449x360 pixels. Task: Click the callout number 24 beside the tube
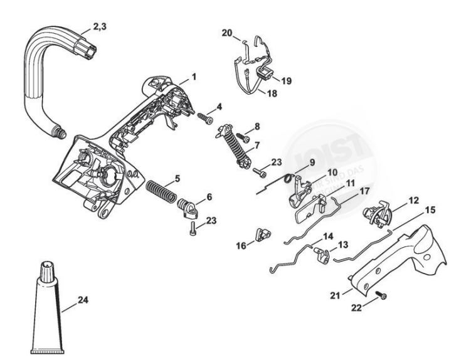82,300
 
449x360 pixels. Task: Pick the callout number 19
286,80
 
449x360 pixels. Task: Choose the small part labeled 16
261,235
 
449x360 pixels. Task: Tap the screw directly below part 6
194,228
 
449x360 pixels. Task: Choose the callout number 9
312,163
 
